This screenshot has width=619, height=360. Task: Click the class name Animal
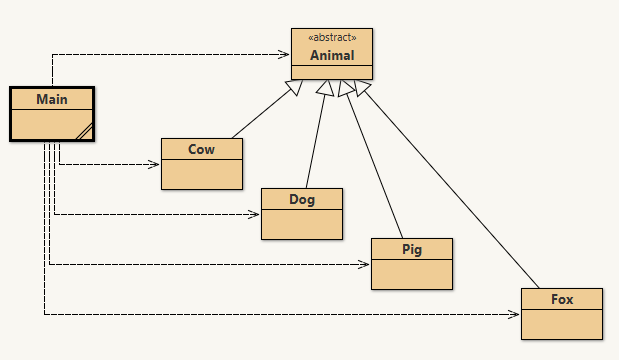tap(331, 55)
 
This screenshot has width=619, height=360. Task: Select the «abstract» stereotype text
tap(331, 38)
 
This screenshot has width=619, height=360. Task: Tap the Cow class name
tap(201, 149)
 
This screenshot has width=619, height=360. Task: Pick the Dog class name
tap(301, 199)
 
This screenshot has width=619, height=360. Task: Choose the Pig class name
tap(411, 249)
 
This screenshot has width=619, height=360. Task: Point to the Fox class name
tap(561, 299)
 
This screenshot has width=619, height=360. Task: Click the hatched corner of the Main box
tap(84, 131)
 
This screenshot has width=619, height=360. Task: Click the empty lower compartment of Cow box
tap(201, 173)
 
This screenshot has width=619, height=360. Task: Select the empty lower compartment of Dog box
tap(301, 223)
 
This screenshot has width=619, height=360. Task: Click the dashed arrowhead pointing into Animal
tap(285, 54)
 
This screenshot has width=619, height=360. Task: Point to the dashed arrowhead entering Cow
tap(155, 164)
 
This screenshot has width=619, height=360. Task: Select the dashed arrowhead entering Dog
tap(255, 214)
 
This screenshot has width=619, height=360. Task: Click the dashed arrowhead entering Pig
tap(365, 264)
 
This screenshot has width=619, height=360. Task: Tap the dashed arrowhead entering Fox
tap(515, 314)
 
